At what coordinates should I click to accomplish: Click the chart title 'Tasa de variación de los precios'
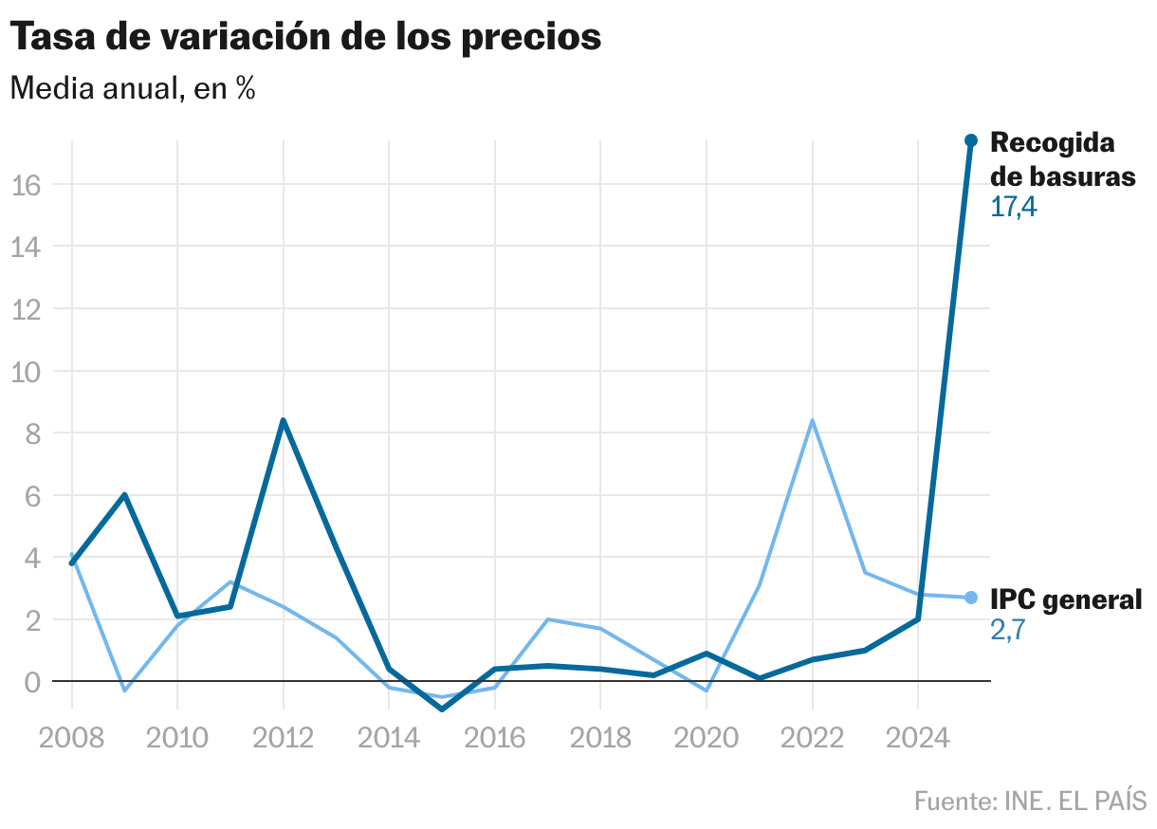pyautogui.click(x=305, y=37)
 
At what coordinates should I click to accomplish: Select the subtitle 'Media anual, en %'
pyautogui.click(x=132, y=89)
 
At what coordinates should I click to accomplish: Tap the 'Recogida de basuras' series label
pyautogui.click(x=1062, y=159)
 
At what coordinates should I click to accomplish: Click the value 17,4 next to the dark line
pyautogui.click(x=1014, y=207)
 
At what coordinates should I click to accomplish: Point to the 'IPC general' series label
pyautogui.click(x=1066, y=599)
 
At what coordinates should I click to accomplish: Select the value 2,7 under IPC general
pyautogui.click(x=1009, y=630)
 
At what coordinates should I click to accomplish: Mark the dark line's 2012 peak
pyautogui.click(x=283, y=420)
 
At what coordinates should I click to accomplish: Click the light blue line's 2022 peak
pyautogui.click(x=812, y=420)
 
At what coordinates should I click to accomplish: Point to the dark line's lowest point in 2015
pyautogui.click(x=442, y=709)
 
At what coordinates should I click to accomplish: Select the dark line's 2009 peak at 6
pyautogui.click(x=124, y=495)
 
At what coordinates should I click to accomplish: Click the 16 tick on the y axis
pyautogui.click(x=26, y=185)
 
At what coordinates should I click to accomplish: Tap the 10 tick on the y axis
pyautogui.click(x=26, y=371)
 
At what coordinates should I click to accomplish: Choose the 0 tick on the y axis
pyautogui.click(x=32, y=682)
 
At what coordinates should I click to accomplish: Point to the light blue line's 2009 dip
pyautogui.click(x=124, y=691)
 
